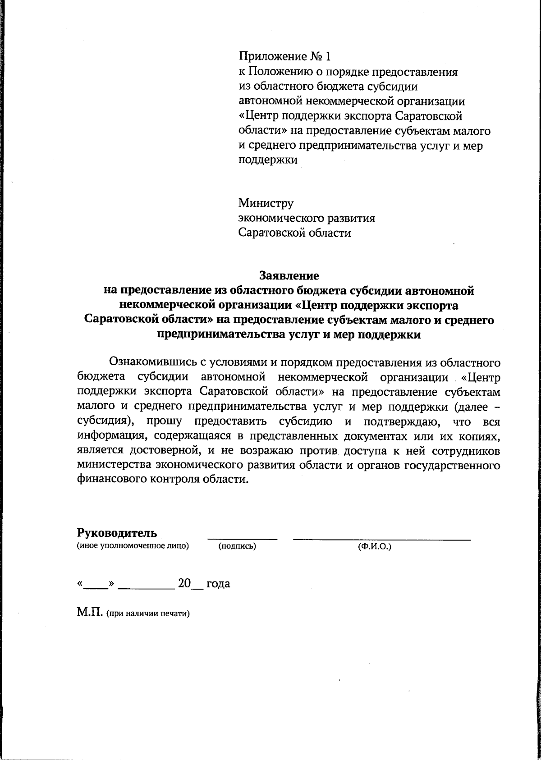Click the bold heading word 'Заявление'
click(289, 275)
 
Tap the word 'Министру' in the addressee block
click(266, 203)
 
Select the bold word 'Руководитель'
click(117, 533)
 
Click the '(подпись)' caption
click(237, 547)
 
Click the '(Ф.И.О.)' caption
click(374, 547)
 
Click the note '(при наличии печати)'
click(147, 614)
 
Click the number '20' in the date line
click(184, 583)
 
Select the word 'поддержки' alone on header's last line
click(268, 160)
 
